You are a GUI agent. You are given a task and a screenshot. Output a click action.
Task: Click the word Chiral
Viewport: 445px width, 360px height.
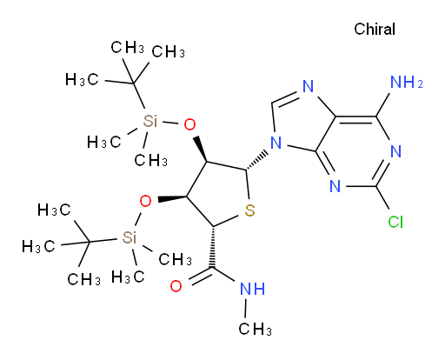(375, 30)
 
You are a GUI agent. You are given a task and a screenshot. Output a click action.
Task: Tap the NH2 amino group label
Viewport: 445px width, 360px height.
(407, 82)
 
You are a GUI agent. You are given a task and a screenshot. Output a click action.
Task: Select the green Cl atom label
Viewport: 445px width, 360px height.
(395, 222)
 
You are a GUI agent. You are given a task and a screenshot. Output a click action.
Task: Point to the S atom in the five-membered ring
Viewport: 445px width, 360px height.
(249, 210)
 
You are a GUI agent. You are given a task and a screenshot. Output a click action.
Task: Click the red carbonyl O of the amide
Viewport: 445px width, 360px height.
(176, 286)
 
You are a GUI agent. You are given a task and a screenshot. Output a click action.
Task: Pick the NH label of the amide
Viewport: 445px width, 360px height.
(253, 289)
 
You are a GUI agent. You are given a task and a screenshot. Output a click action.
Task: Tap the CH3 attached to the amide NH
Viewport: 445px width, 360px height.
(255, 329)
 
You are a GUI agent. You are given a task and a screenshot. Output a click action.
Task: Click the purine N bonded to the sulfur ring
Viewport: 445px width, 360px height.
(276, 143)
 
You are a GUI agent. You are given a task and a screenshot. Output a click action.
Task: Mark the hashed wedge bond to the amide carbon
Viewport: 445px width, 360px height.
(213, 247)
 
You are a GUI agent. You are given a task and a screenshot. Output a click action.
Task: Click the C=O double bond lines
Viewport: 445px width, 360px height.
(201, 276)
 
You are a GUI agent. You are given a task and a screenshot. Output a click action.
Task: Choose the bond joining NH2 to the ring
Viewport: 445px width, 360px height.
(383, 104)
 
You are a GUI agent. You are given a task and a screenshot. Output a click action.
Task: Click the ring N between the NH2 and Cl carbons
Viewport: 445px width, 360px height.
(395, 151)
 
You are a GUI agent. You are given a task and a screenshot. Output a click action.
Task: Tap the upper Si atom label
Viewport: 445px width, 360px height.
(150, 121)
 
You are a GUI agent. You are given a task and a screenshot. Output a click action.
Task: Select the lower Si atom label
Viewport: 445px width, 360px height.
(129, 237)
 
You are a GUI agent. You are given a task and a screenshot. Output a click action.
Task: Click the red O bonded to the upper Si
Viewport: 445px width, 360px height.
(189, 125)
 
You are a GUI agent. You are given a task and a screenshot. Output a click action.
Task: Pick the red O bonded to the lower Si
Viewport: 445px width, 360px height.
(145, 201)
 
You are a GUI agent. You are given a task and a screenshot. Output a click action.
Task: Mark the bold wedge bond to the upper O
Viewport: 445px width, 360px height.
(200, 149)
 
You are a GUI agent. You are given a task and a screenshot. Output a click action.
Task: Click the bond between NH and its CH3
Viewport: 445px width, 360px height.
(246, 309)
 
